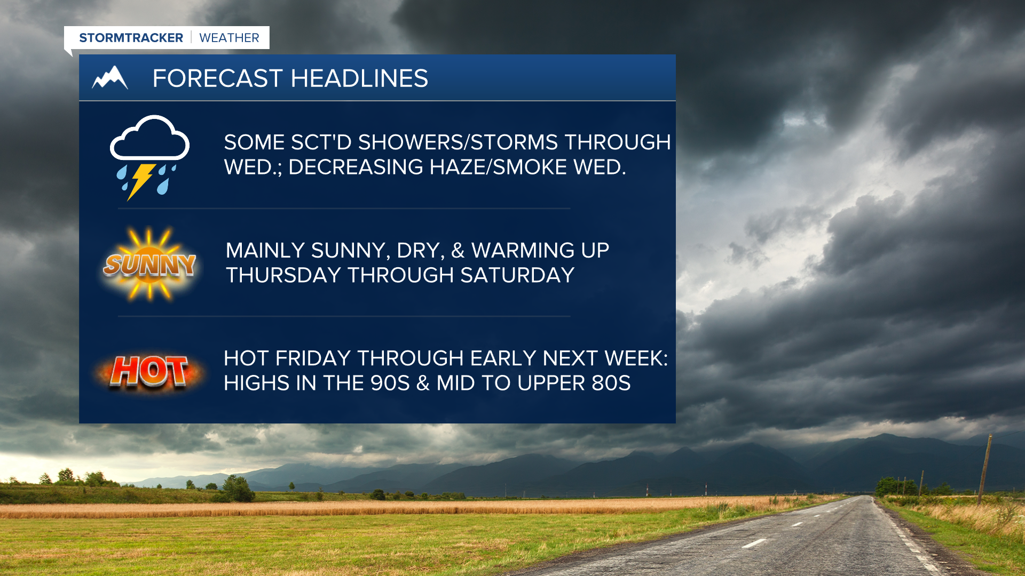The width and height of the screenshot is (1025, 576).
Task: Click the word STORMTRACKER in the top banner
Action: (131, 38)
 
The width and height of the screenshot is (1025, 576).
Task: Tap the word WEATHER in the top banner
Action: (229, 38)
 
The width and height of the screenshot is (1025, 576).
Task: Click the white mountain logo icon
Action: (110, 77)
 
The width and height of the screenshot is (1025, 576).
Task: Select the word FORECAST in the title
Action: (217, 78)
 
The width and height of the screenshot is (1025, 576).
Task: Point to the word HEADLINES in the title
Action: (359, 78)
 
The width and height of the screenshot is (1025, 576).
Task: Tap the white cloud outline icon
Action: (149, 138)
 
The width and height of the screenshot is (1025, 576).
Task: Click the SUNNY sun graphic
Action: (149, 264)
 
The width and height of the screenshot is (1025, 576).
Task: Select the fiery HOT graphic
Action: (149, 371)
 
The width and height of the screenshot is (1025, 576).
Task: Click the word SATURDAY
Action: (517, 275)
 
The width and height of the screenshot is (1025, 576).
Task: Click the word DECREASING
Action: (356, 167)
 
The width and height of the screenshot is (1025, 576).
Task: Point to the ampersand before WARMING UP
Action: (458, 251)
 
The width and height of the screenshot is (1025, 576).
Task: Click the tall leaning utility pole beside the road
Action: (985, 469)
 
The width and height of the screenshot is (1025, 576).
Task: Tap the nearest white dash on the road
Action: (754, 543)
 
